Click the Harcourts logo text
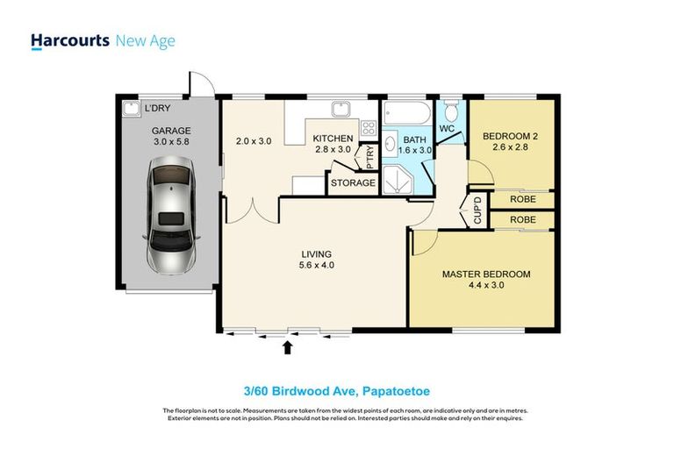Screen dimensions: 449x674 click(69, 41)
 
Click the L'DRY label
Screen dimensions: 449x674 click(156, 108)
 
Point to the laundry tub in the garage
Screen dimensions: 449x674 click(132, 109)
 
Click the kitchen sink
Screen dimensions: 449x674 click(341, 110)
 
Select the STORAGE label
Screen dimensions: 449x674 click(352, 183)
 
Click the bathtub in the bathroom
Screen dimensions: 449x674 click(406, 113)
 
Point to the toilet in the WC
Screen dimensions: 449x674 click(451, 111)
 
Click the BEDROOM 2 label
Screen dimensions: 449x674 click(511, 136)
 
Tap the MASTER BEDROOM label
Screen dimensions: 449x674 click(485, 274)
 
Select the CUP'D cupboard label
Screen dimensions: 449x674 click(477, 212)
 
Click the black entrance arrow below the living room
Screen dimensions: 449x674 click(287, 347)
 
